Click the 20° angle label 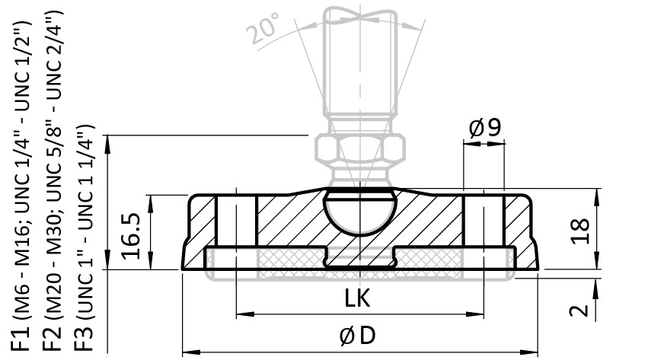[263, 28]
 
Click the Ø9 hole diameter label [485, 128]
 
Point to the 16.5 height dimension [132, 236]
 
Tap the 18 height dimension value [579, 231]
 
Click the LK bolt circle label [357, 298]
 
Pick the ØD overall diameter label [358, 336]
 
